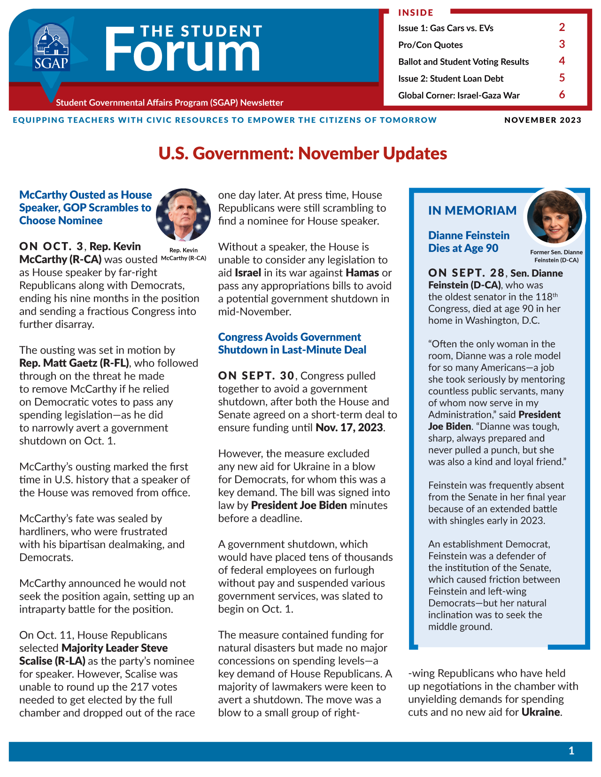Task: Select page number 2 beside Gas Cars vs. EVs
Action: [562, 27]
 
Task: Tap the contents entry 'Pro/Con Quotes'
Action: [430, 45]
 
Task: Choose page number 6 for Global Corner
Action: [562, 95]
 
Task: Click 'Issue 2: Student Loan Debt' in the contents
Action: [450, 79]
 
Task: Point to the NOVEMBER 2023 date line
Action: [542, 120]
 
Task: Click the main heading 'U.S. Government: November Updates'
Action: [302, 153]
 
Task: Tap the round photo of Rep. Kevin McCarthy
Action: [183, 215]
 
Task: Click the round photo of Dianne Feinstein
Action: [554, 216]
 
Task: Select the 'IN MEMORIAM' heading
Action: [472, 211]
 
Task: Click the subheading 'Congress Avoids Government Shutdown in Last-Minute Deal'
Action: [292, 343]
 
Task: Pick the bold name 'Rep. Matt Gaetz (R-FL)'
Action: [74, 363]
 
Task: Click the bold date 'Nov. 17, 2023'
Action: [349, 427]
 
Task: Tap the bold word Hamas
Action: [362, 273]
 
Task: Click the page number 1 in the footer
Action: [571, 751]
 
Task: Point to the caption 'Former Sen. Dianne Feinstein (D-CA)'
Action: [556, 256]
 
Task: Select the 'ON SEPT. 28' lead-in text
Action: [466, 273]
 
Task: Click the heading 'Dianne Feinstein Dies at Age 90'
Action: [468, 242]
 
